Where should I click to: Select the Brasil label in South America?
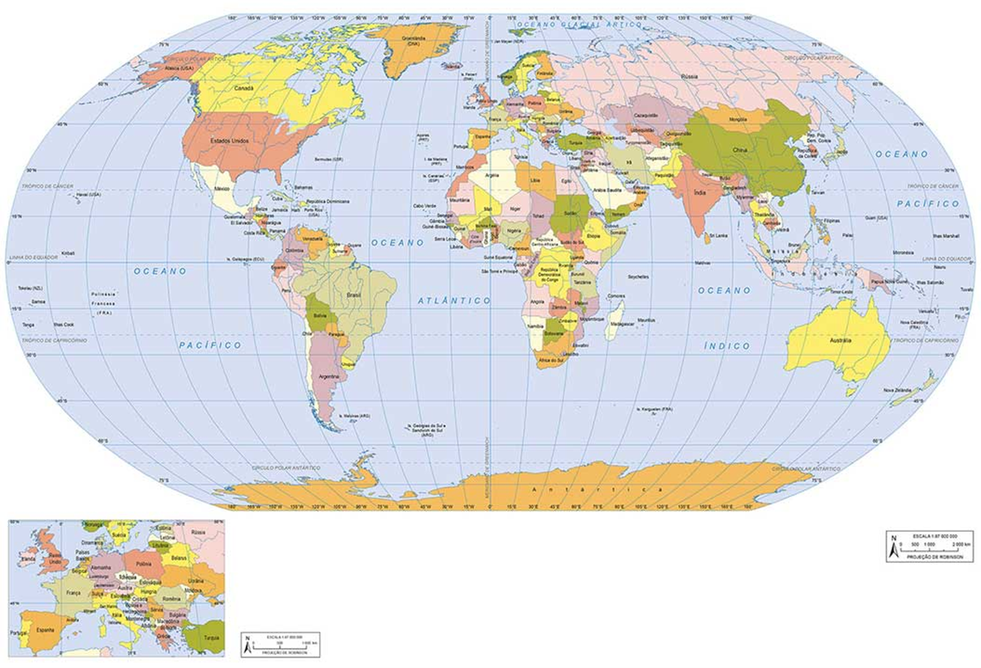[x=353, y=294]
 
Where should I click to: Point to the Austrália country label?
[x=840, y=340]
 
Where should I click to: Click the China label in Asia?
[x=739, y=151]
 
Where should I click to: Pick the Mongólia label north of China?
[x=738, y=119]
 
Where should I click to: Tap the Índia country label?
[x=699, y=192]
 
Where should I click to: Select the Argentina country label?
[x=329, y=377]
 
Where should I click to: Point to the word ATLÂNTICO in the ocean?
[x=454, y=301]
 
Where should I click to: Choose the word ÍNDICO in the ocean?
[x=727, y=346]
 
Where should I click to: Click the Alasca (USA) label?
[x=179, y=67]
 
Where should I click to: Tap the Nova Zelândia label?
[x=898, y=390]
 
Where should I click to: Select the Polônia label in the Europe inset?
[x=143, y=564]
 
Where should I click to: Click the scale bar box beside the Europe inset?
[x=281, y=644]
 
